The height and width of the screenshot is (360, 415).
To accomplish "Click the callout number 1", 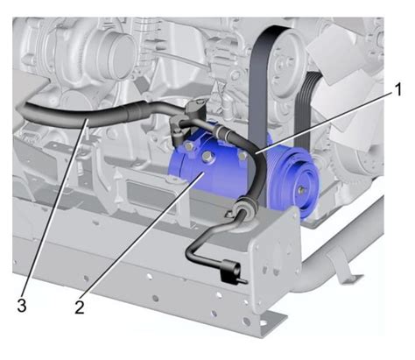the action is coord(397,89).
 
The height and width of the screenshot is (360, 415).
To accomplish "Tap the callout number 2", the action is coord(80,307).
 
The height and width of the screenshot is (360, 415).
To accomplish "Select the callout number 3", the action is coord(22,306).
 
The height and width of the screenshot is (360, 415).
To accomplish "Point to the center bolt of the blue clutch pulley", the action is coord(301,190).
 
